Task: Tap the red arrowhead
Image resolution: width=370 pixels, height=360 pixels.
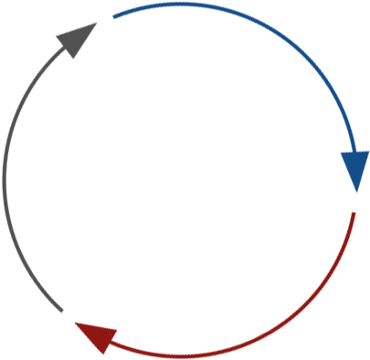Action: pos(95,334)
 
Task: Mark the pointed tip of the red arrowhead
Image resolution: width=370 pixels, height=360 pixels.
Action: pos(73,322)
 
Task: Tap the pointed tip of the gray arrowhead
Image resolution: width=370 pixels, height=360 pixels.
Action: pos(97,24)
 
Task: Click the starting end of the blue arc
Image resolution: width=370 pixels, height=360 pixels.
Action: pos(113,16)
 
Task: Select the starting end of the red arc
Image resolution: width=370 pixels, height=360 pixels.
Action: pos(354,213)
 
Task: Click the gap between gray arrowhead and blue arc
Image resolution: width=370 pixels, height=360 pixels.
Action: pos(105,19)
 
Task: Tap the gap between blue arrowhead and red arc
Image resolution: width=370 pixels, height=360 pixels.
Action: pos(355,202)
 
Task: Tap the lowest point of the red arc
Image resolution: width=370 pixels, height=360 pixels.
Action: pos(183,355)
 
